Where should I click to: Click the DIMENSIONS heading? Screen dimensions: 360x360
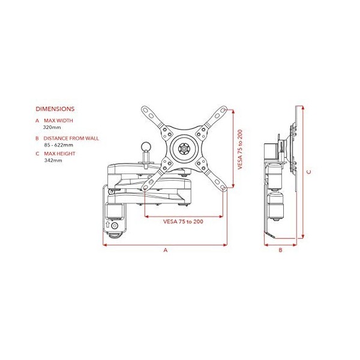[55, 109]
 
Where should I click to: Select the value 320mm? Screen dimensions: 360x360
[52, 128]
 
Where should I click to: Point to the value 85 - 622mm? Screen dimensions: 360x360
[59, 145]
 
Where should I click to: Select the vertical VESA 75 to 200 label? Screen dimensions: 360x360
[240, 150]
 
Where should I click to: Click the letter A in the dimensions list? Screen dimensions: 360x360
[37, 121]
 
